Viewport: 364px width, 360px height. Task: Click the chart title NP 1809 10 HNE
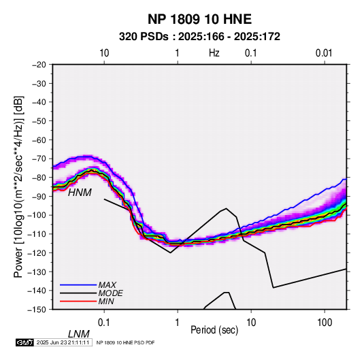pyautogui.click(x=199, y=19)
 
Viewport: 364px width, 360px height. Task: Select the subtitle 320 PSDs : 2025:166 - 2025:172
pyautogui.click(x=199, y=37)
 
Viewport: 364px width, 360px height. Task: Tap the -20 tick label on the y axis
pyautogui.click(x=39, y=65)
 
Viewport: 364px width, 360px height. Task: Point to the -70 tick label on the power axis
pyautogui.click(x=39, y=159)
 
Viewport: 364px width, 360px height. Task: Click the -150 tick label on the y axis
pyautogui.click(x=37, y=310)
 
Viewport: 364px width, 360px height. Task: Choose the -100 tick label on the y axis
pyautogui.click(x=37, y=215)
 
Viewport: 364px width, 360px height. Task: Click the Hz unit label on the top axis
pyautogui.click(x=214, y=53)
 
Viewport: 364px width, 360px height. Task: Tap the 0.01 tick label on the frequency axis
pyautogui.click(x=324, y=53)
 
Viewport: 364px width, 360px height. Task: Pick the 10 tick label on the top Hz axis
pyautogui.click(x=104, y=53)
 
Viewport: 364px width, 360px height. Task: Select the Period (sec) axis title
pyautogui.click(x=214, y=329)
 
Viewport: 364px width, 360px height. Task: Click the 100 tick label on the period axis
pyautogui.click(x=325, y=323)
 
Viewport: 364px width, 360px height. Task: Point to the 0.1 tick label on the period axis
pyautogui.click(x=103, y=323)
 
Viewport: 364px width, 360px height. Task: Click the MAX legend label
pyautogui.click(x=107, y=284)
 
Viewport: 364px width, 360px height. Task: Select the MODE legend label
pyautogui.click(x=110, y=293)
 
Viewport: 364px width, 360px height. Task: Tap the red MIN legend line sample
pyautogui.click(x=78, y=301)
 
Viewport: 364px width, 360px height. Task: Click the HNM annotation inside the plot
pyautogui.click(x=80, y=193)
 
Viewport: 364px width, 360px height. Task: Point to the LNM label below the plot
pyautogui.click(x=79, y=334)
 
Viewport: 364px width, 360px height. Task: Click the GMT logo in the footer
pyautogui.click(x=25, y=342)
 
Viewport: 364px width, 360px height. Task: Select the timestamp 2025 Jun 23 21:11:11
pyautogui.click(x=63, y=342)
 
